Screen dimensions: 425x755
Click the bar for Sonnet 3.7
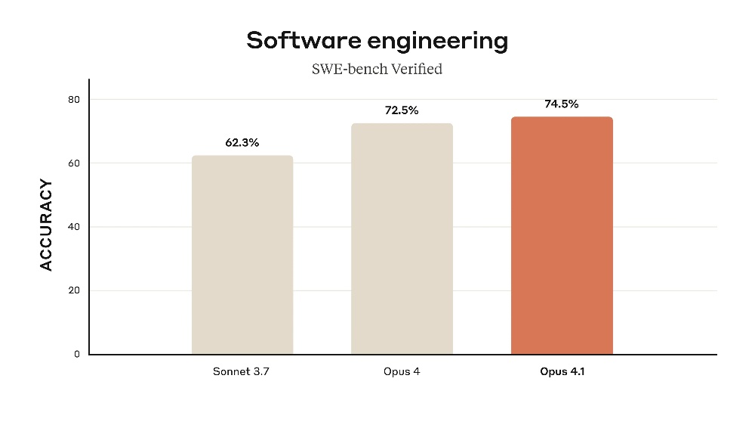242,255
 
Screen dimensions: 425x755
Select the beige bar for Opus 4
402,239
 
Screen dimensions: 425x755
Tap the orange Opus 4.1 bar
562,236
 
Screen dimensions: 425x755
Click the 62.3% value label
242,142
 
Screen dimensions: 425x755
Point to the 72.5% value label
402,110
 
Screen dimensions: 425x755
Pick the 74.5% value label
562,104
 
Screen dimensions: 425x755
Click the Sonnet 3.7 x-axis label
242,372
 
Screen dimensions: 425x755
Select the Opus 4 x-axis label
402,372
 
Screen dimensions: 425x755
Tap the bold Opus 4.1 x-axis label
562,372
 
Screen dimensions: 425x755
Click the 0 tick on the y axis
76,354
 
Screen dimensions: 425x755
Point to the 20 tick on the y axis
75,290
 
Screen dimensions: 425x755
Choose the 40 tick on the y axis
75,227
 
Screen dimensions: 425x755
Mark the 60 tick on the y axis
75,163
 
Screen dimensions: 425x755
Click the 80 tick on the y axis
75,100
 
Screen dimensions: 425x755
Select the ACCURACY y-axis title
46,225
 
